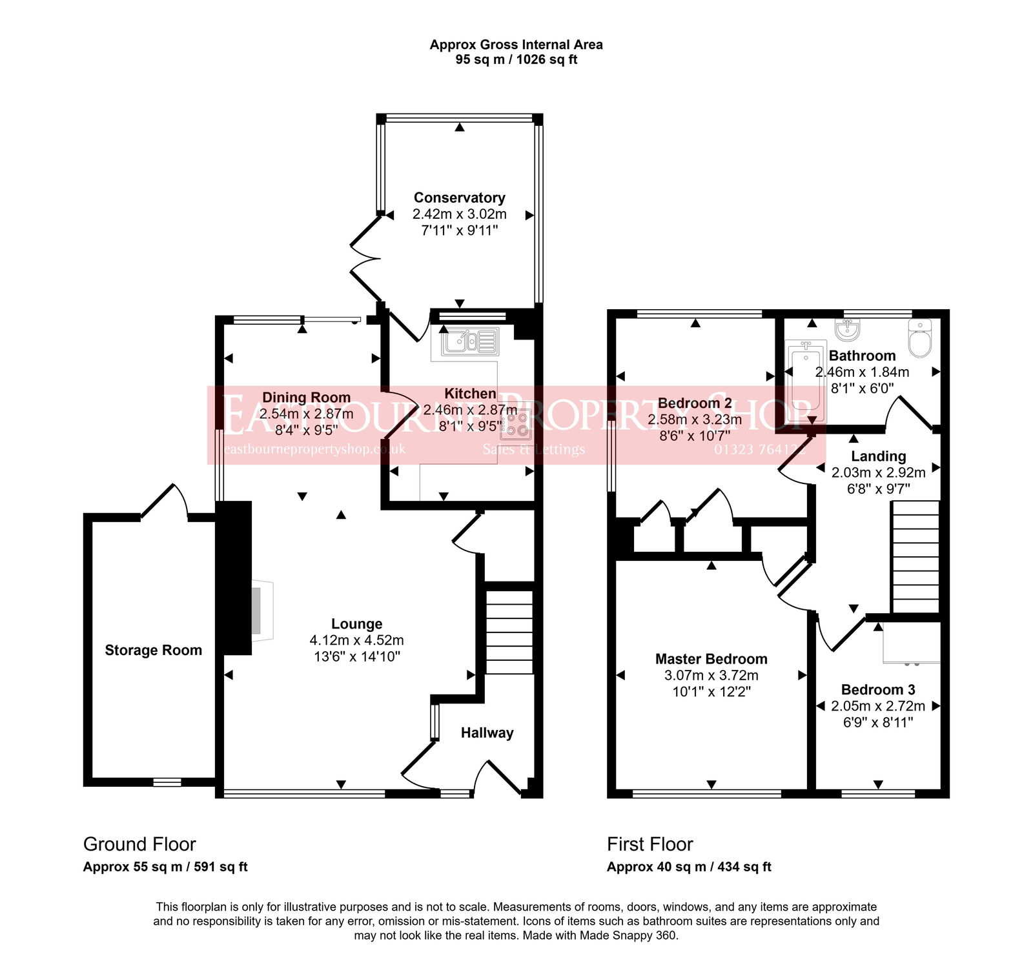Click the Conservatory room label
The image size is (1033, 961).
[459, 197]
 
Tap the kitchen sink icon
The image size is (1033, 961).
[469, 342]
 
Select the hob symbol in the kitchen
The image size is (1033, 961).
[516, 423]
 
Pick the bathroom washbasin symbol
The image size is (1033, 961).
[847, 330]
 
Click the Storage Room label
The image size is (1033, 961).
[153, 650]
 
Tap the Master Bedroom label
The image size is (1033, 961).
[711, 659]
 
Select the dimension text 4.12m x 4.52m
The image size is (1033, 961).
[356, 640]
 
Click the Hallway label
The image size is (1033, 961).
[487, 733]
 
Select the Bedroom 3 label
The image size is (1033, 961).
[877, 689]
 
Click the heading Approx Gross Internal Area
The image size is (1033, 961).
[516, 45]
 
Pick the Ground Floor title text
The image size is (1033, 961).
[139, 844]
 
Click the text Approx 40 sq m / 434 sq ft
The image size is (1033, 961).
[688, 867]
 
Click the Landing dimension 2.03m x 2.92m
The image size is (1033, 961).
[878, 472]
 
